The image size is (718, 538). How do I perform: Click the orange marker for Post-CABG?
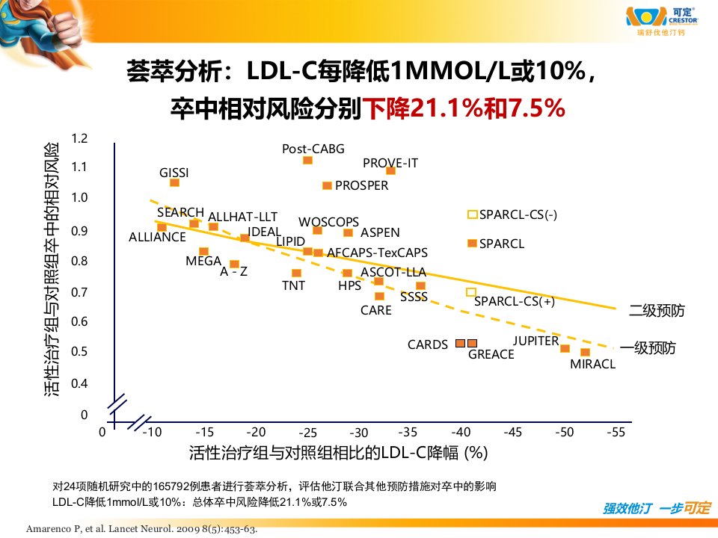pos(307,160)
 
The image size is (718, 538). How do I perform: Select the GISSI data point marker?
pos(174,182)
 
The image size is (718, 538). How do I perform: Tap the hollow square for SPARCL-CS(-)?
pos(472,214)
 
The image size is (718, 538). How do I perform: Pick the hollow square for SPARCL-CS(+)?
pos(470,292)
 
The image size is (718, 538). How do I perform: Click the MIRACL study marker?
pos(585,352)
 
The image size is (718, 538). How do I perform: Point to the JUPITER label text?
pos(536,341)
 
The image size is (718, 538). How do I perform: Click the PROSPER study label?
pos(361,185)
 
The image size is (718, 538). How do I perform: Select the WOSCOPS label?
pos(328,222)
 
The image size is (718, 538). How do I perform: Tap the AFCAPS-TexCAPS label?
pos(377,253)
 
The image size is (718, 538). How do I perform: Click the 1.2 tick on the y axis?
pos(79,138)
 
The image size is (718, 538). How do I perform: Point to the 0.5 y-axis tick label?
pos(79,351)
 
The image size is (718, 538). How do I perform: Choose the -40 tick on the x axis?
pos(461,432)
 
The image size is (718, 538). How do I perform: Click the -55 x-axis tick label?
pos(616,432)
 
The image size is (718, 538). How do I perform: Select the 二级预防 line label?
pos(657,311)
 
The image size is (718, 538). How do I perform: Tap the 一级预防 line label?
pos(648,348)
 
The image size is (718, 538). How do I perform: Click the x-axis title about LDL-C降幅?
pos(338,453)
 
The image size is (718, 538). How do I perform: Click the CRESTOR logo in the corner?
pos(662,21)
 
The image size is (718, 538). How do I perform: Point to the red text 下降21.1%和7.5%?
pos(464,108)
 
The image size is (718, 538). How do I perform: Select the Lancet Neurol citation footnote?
pos(141,529)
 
